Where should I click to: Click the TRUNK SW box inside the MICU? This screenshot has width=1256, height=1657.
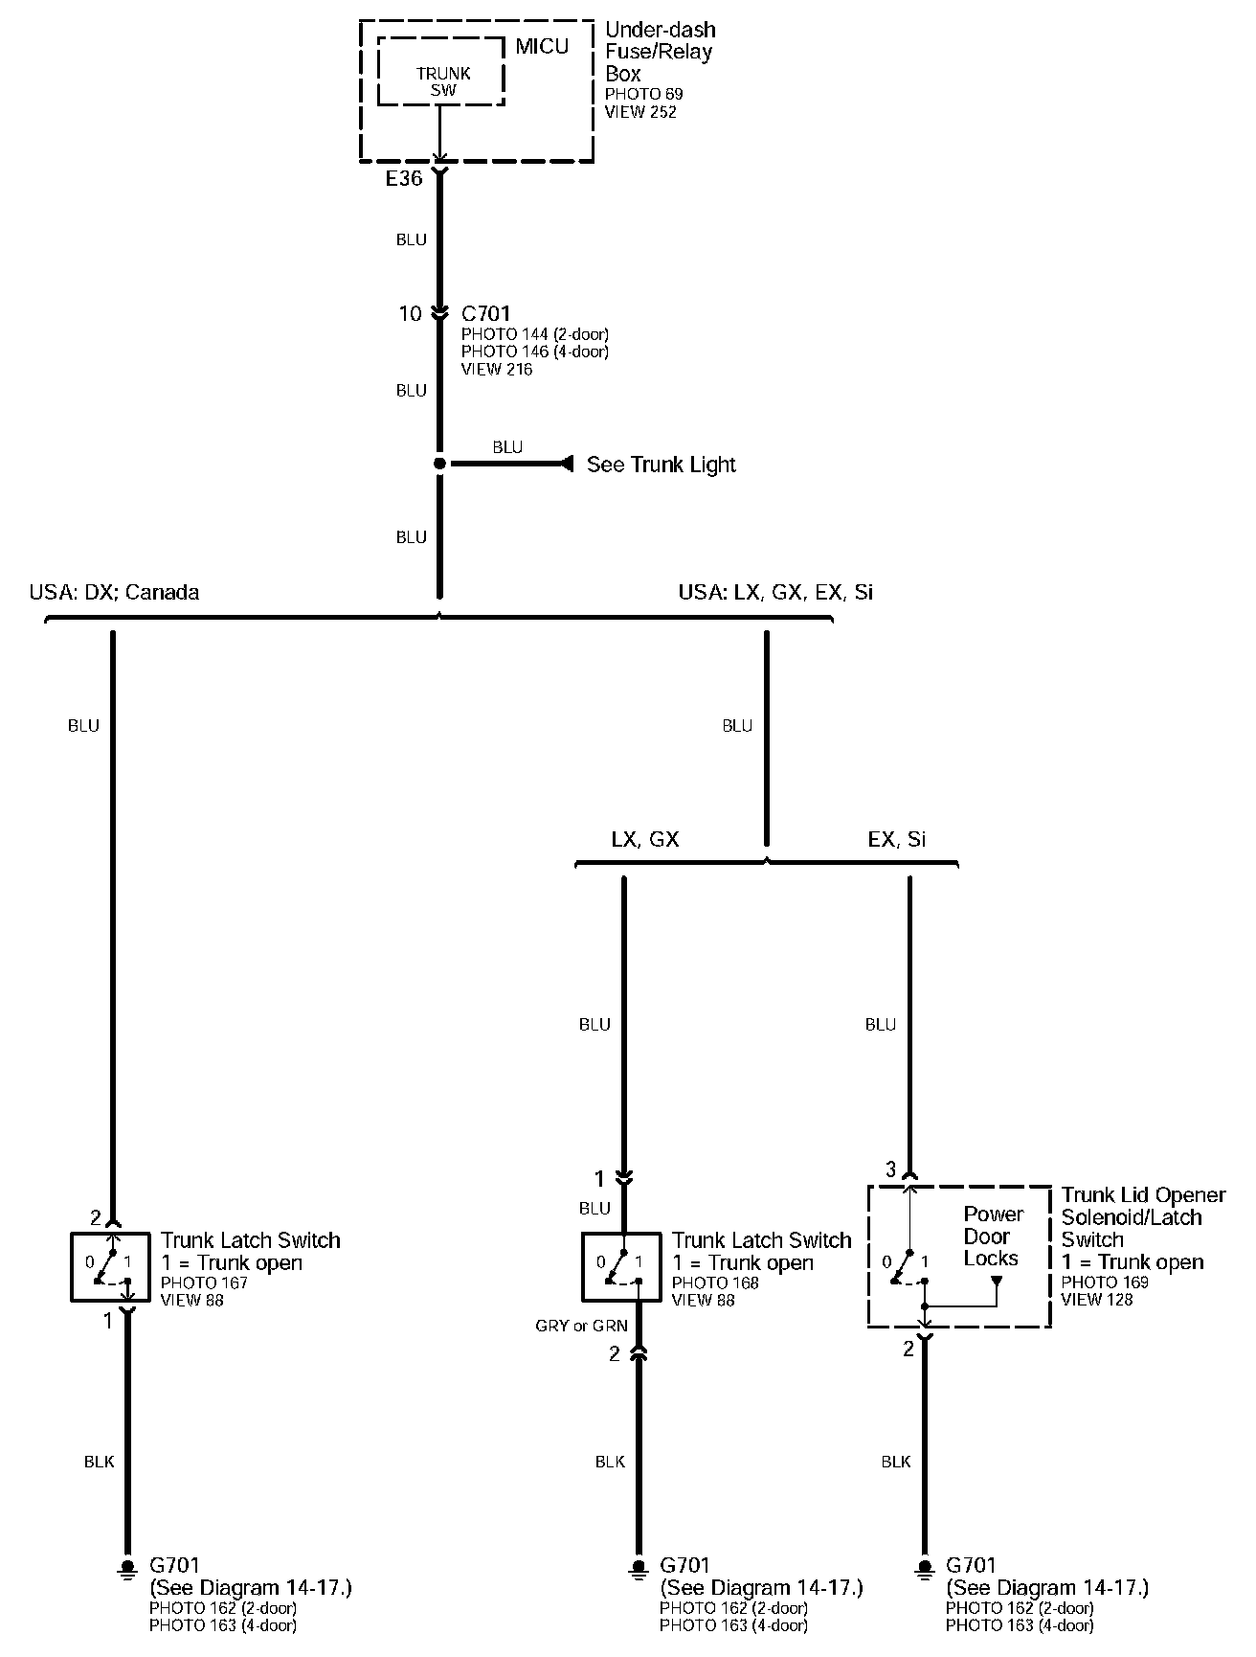tap(442, 73)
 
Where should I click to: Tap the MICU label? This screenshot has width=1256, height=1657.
tap(542, 46)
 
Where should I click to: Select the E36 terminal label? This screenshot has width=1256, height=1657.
tap(403, 178)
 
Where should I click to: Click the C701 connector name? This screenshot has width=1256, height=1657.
tap(486, 313)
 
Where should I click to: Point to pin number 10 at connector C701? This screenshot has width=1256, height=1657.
tap(410, 313)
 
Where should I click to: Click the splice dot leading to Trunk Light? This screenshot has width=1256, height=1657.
tap(439, 464)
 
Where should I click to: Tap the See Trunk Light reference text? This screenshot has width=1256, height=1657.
tap(661, 465)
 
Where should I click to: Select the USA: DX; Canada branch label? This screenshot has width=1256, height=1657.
tap(114, 592)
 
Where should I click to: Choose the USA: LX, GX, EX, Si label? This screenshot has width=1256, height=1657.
tap(775, 592)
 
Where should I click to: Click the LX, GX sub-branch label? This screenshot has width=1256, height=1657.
tap(644, 839)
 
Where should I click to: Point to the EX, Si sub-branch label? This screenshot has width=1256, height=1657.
tap(897, 839)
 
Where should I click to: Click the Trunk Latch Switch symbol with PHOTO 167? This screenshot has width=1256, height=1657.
tap(110, 1266)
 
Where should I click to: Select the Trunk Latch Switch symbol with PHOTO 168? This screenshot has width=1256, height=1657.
tap(621, 1266)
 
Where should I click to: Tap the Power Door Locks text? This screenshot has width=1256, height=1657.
tap(992, 1237)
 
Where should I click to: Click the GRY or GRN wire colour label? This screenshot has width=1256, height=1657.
tap(581, 1326)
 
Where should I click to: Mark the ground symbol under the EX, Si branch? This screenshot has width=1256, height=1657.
tap(924, 1568)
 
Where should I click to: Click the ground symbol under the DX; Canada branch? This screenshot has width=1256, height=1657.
tap(126, 1568)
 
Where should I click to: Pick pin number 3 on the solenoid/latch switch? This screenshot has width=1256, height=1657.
tap(890, 1169)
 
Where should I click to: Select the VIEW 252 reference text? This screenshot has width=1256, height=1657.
tap(640, 112)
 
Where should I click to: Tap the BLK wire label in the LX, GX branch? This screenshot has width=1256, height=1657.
tap(610, 1462)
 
